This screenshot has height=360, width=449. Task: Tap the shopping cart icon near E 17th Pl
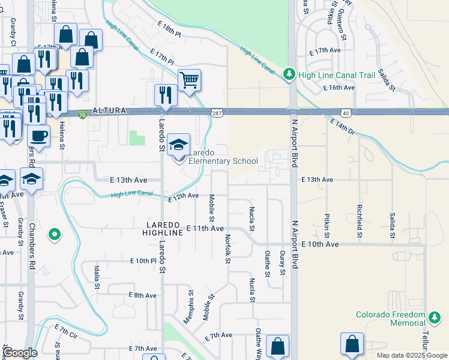pos(189,79)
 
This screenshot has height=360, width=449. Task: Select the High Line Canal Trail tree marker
pos(289,74)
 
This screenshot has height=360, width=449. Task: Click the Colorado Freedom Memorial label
pos(390,319)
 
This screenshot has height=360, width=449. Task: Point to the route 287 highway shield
pos(217,112)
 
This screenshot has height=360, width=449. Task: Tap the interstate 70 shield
pos(82,113)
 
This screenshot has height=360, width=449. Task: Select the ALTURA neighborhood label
pos(109,111)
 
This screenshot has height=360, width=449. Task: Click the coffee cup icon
pos(39,135)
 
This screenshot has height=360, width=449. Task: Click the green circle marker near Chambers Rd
pos(55,235)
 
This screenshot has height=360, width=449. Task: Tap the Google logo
pos(20,353)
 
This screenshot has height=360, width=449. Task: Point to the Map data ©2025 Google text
pos(411,355)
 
